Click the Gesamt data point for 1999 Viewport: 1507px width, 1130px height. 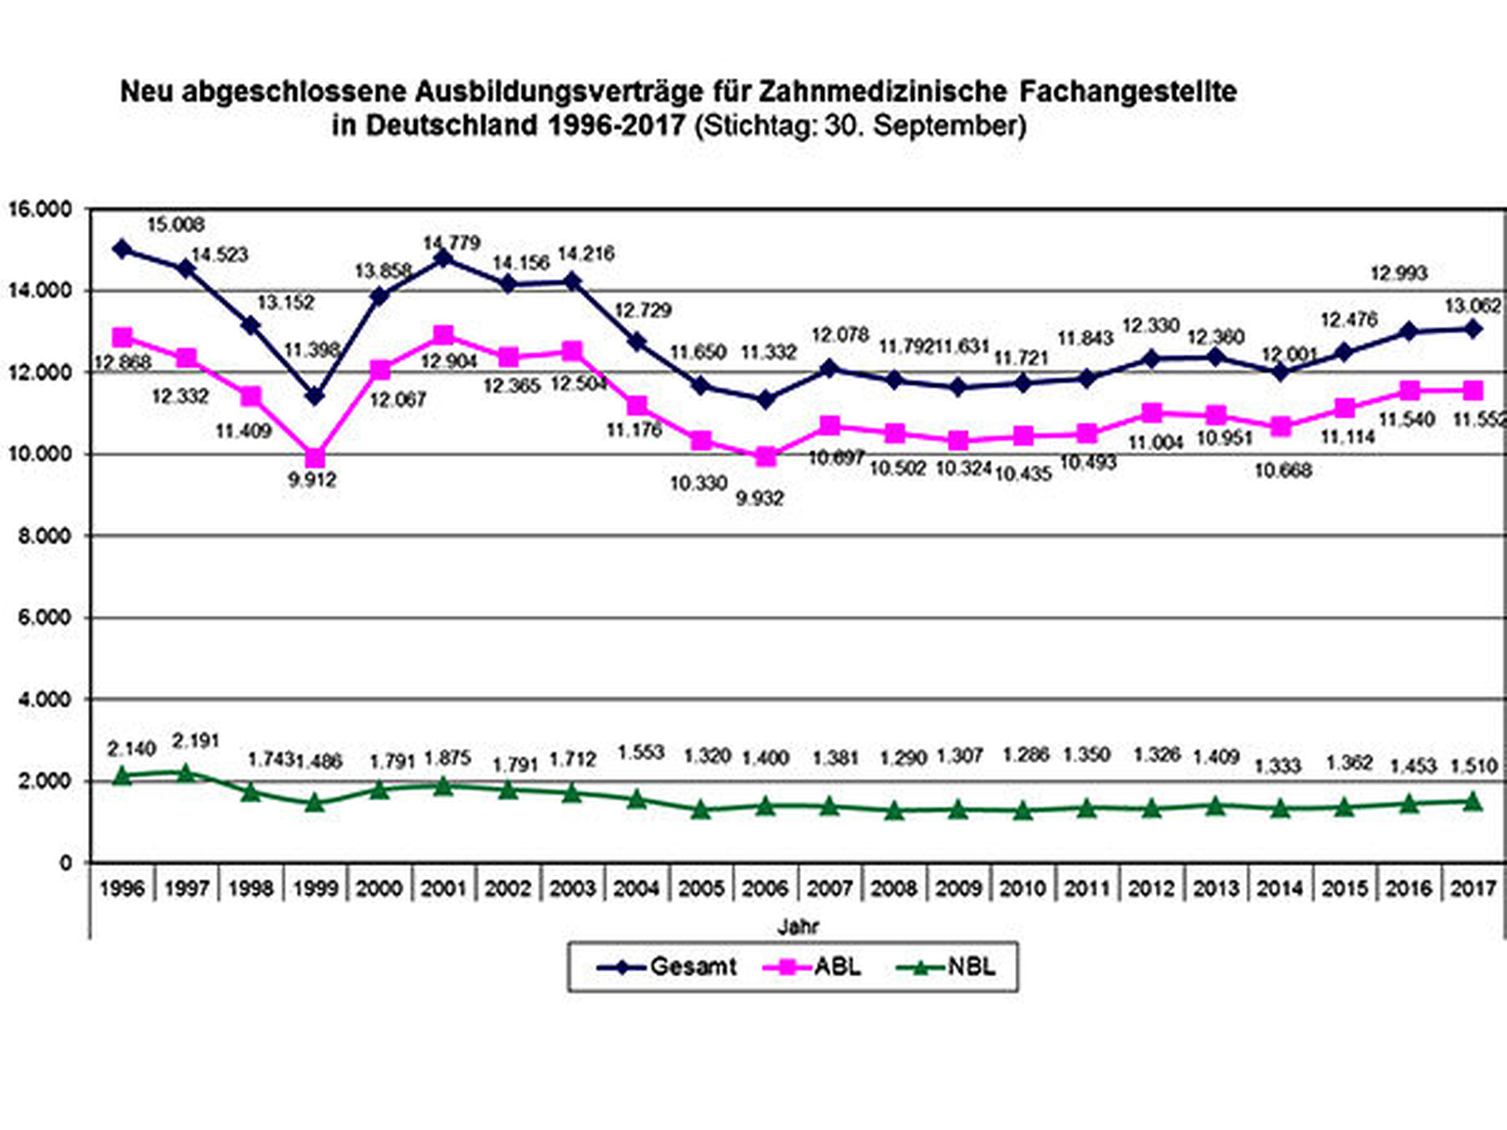click(x=315, y=396)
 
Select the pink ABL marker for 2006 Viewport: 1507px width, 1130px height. click(x=765, y=456)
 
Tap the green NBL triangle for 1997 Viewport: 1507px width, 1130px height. click(x=186, y=772)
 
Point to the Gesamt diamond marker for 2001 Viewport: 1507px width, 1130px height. click(x=443, y=259)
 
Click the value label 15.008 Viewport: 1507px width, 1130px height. click(x=175, y=225)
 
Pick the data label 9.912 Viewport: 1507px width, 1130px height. click(x=312, y=480)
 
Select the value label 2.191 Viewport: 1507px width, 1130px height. click(x=195, y=741)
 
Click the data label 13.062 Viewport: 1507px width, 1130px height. click(x=1472, y=305)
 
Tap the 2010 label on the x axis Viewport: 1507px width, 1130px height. click(x=1022, y=888)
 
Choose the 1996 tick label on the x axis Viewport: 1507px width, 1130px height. click(x=122, y=888)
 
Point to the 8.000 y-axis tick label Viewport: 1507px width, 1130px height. click(x=44, y=536)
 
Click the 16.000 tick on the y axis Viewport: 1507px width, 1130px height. click(x=40, y=209)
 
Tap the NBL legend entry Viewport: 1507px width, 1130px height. click(x=945, y=967)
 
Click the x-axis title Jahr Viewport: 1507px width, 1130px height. click(x=797, y=925)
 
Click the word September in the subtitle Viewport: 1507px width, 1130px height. click(x=949, y=125)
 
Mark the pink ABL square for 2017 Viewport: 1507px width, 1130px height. click(x=1473, y=390)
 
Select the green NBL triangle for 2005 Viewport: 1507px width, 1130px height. click(x=701, y=809)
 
